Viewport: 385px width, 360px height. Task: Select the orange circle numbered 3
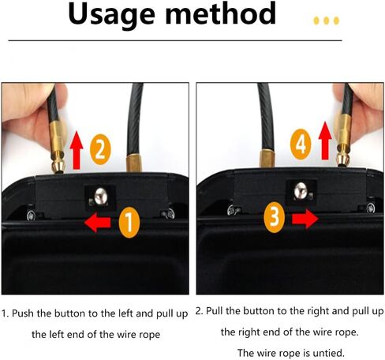coord(272,217)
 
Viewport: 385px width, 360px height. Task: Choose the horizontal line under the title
coord(192,39)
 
